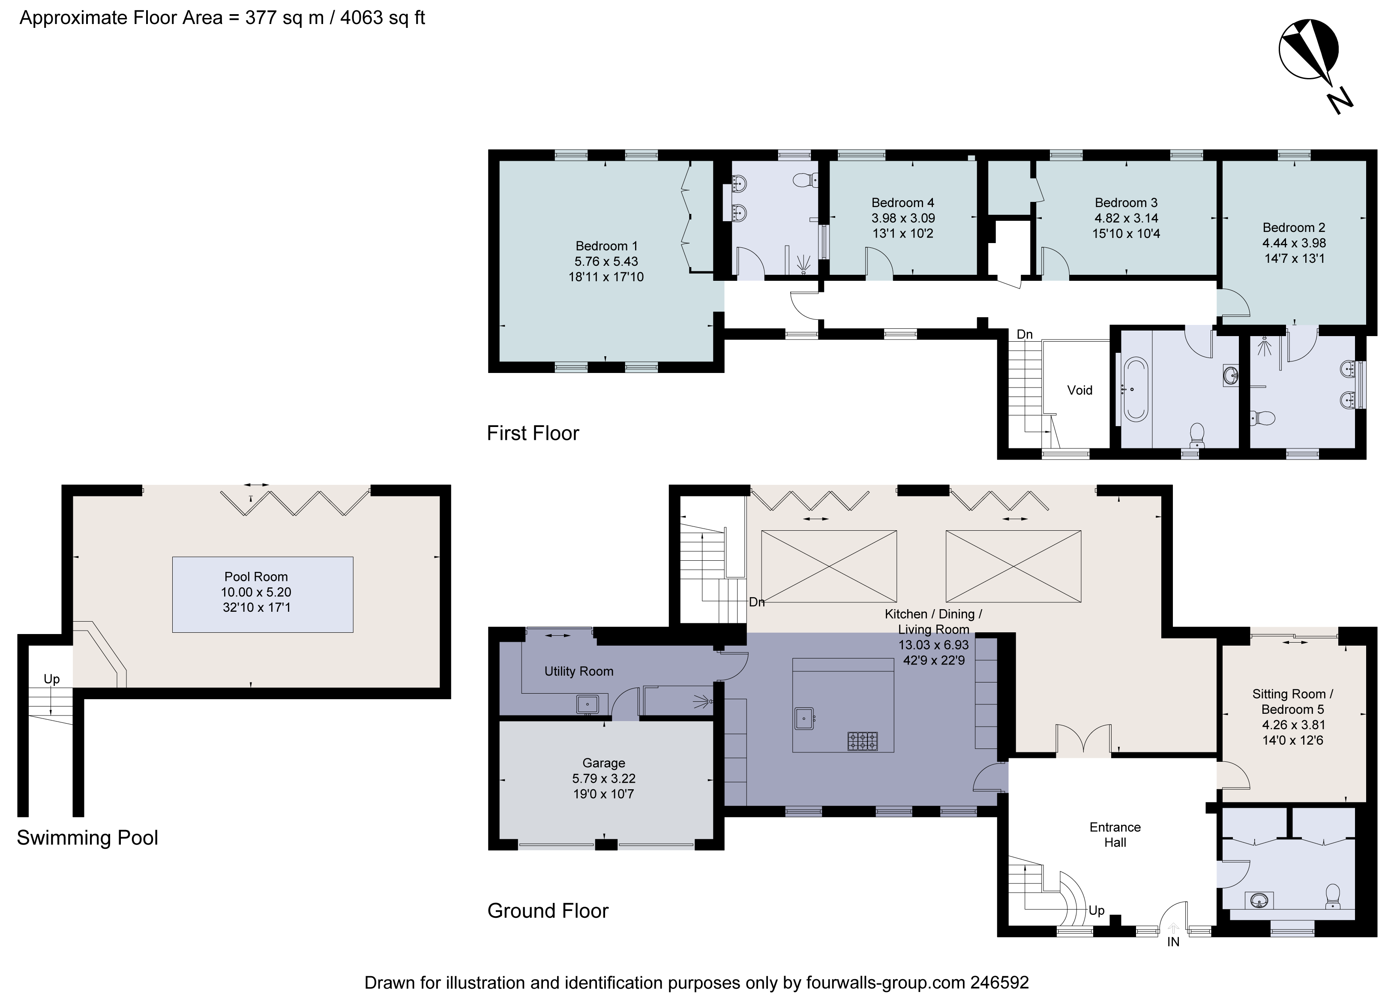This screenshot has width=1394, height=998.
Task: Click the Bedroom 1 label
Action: tap(606, 246)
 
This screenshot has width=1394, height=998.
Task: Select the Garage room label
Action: tap(603, 763)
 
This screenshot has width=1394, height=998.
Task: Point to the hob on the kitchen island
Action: tap(863, 741)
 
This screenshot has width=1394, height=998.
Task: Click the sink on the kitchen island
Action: tap(804, 718)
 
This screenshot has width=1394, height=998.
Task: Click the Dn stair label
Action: tap(756, 602)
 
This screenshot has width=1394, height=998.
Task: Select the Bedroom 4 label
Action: tap(902, 203)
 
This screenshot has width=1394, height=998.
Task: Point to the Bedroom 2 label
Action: tap(1294, 227)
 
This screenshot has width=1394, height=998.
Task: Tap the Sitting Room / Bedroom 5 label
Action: tap(1292, 702)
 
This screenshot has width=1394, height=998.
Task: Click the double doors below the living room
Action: tap(1083, 740)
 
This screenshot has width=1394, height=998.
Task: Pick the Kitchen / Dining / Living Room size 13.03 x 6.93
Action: tap(933, 645)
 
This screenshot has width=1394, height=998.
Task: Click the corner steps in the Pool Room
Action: tap(102, 652)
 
